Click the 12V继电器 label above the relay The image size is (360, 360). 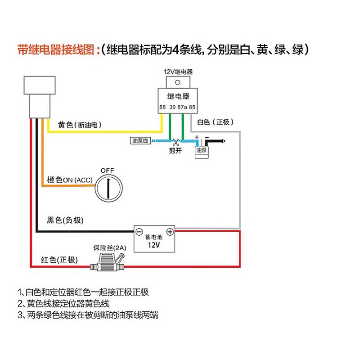click(177, 72)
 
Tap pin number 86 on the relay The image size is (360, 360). click(162, 107)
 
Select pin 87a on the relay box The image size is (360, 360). click(182, 107)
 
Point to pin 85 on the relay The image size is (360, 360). click(192, 107)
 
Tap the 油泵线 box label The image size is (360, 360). click(139, 141)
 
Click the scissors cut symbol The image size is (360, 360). click(176, 141)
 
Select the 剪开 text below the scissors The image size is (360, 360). click(175, 151)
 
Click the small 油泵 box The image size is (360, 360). click(201, 152)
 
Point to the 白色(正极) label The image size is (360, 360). click(216, 122)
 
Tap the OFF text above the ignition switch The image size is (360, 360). click(108, 170)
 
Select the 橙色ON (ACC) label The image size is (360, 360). click(70, 180)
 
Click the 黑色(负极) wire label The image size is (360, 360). click(65, 220)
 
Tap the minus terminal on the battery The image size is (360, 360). click(139, 232)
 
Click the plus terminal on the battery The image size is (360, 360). click(170, 232)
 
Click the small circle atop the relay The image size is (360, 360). click(177, 82)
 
